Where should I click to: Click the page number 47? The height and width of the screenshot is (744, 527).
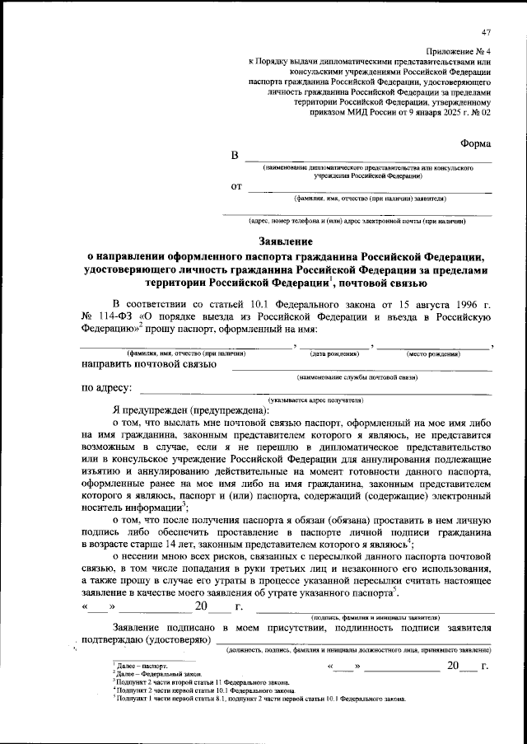click(486, 32)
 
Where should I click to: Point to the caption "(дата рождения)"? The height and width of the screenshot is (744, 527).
click(333, 353)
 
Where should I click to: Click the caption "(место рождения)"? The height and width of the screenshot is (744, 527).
click(433, 353)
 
